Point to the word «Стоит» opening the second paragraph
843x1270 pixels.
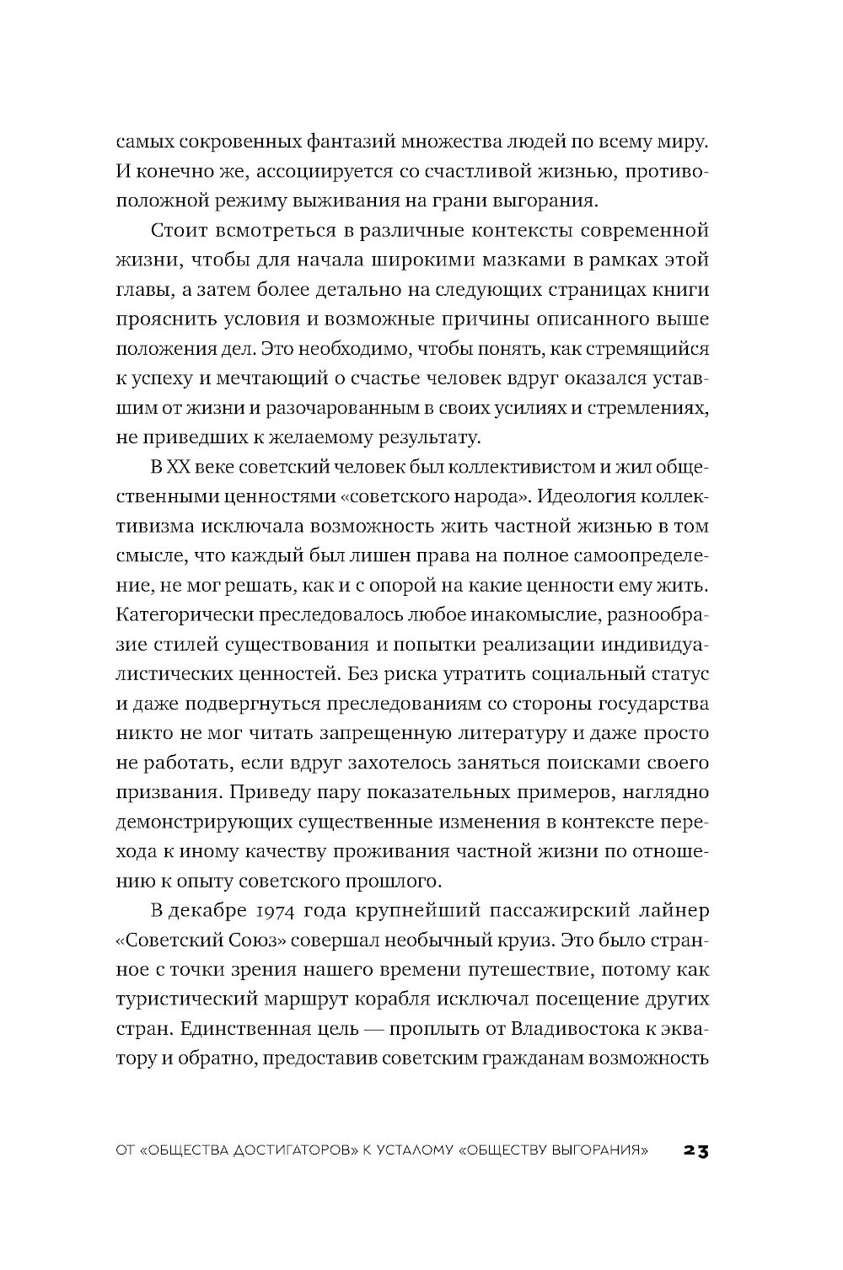pyautogui.click(x=176, y=230)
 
